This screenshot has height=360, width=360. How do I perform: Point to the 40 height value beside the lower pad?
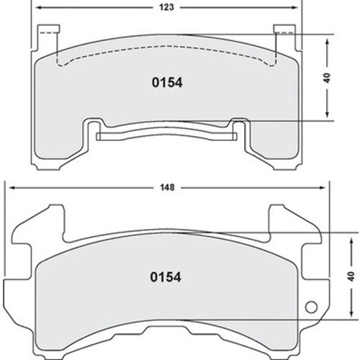click(351, 276)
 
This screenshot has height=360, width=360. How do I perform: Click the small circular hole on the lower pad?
click(312, 308)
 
